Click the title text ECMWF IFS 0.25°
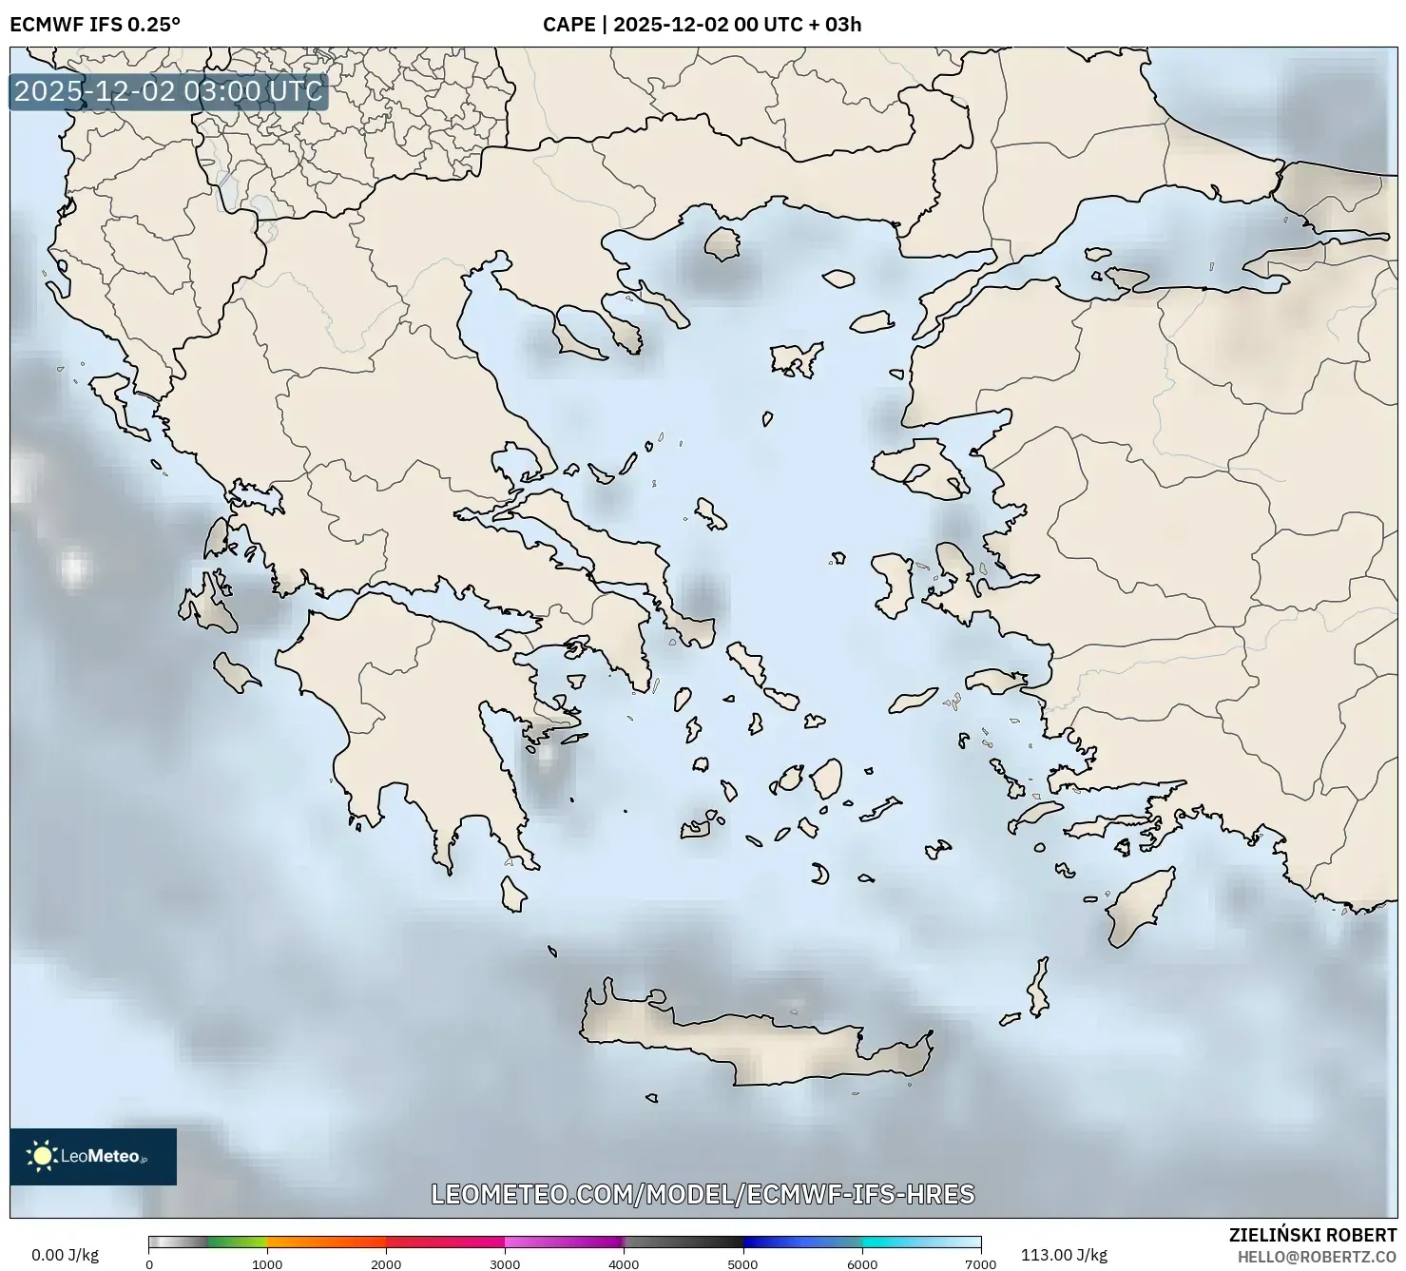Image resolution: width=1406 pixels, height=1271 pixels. [94, 25]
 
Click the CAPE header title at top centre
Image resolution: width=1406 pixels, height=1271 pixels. [702, 25]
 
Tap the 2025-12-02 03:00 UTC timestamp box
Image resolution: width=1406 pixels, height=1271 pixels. [168, 92]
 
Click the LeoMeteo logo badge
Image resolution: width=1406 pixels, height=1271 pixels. [93, 1156]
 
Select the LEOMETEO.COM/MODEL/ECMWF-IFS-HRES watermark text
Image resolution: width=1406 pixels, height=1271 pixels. [703, 1194]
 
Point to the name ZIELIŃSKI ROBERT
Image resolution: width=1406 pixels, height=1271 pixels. [1313, 1236]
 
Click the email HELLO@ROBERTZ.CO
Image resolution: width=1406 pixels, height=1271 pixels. [1318, 1257]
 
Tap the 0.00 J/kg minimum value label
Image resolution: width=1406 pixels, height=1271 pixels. [65, 1255]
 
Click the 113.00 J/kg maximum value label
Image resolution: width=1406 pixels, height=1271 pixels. [1064, 1255]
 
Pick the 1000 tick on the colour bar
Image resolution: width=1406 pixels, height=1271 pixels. [267, 1264]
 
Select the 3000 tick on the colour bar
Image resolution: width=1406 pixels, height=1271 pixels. [505, 1264]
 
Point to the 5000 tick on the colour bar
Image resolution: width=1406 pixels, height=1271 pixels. [742, 1264]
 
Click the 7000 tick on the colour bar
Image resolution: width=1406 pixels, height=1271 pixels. [980, 1264]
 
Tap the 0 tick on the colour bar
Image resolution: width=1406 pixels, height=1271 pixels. [149, 1264]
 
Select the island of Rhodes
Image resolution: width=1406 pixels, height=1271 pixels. [1140, 908]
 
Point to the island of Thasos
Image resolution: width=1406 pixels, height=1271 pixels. [722, 243]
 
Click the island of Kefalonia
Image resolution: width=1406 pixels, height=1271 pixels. [211, 607]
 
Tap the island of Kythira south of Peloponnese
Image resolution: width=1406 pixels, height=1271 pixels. [513, 895]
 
